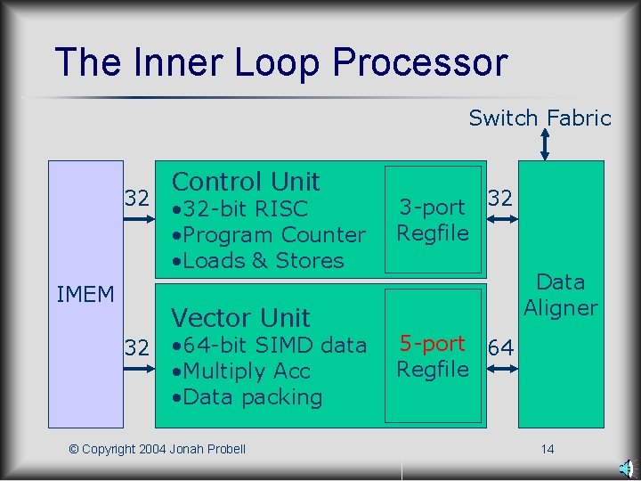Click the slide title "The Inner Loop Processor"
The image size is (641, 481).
coord(280,62)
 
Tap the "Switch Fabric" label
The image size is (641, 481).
coord(540,118)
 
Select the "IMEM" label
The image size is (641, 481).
coord(85,294)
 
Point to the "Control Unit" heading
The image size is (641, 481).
coord(246,182)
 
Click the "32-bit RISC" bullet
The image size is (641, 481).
coord(240,209)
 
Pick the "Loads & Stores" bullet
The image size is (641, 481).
coord(258,261)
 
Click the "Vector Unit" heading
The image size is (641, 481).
coord(240,317)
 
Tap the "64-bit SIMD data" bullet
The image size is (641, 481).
coord(269,345)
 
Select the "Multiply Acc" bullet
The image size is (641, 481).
coord(241,371)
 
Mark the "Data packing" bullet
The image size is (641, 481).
coord(247,396)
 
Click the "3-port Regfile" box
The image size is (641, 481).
coord(433,220)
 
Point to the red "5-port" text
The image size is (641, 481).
coord(433,344)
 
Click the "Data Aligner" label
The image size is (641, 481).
coord(561,295)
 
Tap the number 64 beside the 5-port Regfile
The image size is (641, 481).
coord(501,348)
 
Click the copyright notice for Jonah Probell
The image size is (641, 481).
coord(157,449)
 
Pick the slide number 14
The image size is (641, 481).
coord(548,449)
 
